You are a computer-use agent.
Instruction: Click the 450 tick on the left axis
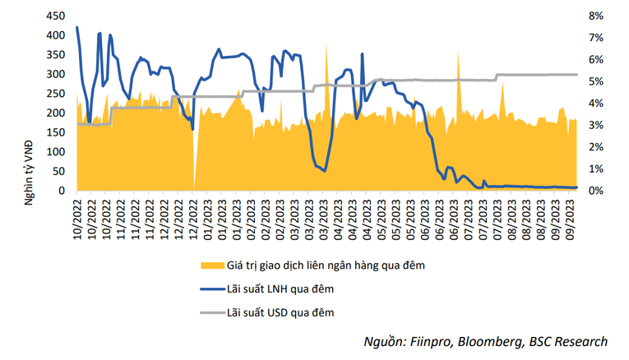click(54, 16)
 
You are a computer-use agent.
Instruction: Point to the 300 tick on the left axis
click(54, 74)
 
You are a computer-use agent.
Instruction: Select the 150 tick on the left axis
click(54, 132)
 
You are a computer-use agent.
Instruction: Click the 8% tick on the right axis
click(595, 16)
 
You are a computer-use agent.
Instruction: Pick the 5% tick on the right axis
click(595, 81)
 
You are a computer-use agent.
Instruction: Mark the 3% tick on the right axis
click(595, 125)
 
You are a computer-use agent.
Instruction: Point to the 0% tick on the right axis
click(595, 191)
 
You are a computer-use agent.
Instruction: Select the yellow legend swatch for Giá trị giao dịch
click(212, 265)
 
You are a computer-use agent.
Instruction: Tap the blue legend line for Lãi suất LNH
click(212, 288)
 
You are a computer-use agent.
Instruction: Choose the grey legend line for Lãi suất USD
click(212, 312)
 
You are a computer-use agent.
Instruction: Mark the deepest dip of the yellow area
click(194, 187)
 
